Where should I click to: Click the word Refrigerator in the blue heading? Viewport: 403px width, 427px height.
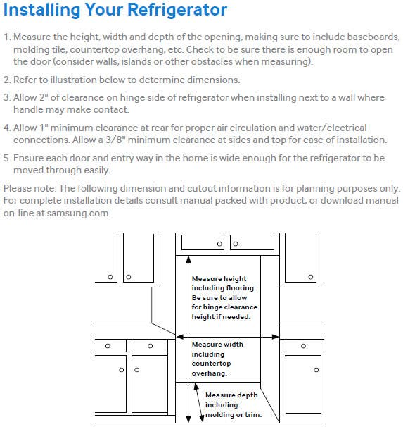[x=177, y=10]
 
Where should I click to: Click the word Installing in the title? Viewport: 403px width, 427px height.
[x=41, y=10]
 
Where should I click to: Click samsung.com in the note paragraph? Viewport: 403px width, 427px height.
[x=79, y=213]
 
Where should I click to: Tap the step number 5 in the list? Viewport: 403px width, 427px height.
[x=6, y=158]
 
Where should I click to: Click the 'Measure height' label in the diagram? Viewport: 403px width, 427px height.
[x=219, y=279]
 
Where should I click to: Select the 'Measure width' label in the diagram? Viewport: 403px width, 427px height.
[x=217, y=345]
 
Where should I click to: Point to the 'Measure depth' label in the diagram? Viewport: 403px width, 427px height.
[x=231, y=395]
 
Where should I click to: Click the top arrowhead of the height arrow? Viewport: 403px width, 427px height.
[x=188, y=259]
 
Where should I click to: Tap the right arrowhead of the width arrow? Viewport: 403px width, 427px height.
[x=276, y=337]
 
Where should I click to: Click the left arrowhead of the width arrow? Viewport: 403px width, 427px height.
[x=179, y=337]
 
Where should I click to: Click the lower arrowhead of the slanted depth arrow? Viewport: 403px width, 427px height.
[x=202, y=419]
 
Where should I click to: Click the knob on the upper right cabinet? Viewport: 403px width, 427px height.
[x=311, y=277]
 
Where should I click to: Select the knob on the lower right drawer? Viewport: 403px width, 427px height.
[x=304, y=346]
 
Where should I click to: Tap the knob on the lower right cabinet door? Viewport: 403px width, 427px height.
[x=316, y=370]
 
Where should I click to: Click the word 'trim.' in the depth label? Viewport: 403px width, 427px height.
[x=253, y=415]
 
